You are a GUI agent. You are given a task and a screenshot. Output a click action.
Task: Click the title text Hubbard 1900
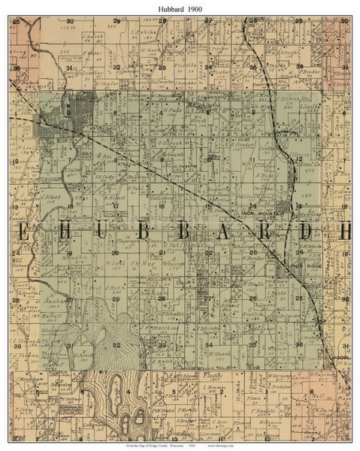[x=180, y=6]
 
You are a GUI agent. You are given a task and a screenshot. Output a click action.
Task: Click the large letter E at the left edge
[x=24, y=232]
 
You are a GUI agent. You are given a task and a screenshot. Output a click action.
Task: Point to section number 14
[x=253, y=205]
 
